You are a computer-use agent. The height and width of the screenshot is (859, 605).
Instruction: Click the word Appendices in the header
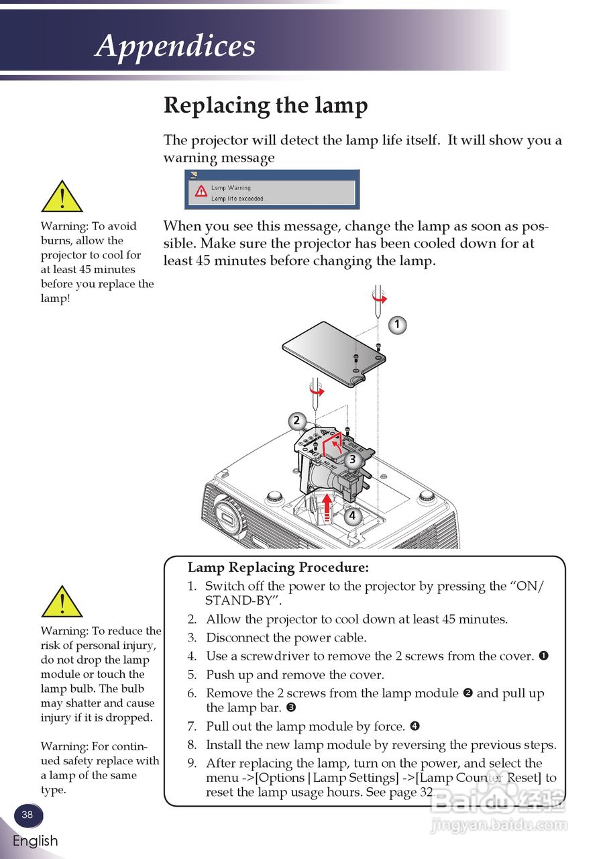(x=176, y=46)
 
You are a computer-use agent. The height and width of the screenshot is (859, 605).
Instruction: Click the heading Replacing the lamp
(x=266, y=106)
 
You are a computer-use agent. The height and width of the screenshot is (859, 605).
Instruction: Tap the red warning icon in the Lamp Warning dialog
(x=201, y=191)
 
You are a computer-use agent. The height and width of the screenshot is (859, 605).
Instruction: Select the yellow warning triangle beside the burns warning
(x=62, y=197)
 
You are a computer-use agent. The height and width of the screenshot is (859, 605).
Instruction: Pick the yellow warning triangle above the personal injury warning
(x=62, y=601)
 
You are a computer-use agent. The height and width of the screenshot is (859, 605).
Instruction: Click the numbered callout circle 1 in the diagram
(x=397, y=325)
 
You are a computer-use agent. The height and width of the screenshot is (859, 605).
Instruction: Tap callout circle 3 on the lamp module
(x=352, y=460)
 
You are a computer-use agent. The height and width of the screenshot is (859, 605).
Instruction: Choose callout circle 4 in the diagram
(x=352, y=516)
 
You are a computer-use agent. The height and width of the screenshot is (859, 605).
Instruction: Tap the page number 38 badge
(x=27, y=815)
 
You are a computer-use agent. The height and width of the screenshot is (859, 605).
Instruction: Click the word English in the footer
(x=35, y=841)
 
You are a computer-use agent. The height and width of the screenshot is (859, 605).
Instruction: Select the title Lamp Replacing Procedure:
(x=278, y=568)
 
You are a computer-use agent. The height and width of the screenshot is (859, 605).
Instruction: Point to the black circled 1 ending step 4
(x=543, y=656)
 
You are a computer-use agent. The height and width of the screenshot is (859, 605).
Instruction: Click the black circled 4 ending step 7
(x=415, y=726)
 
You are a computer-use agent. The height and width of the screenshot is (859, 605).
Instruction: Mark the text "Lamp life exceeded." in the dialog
(x=238, y=199)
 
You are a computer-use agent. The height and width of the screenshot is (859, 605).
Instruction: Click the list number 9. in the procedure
(x=192, y=763)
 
